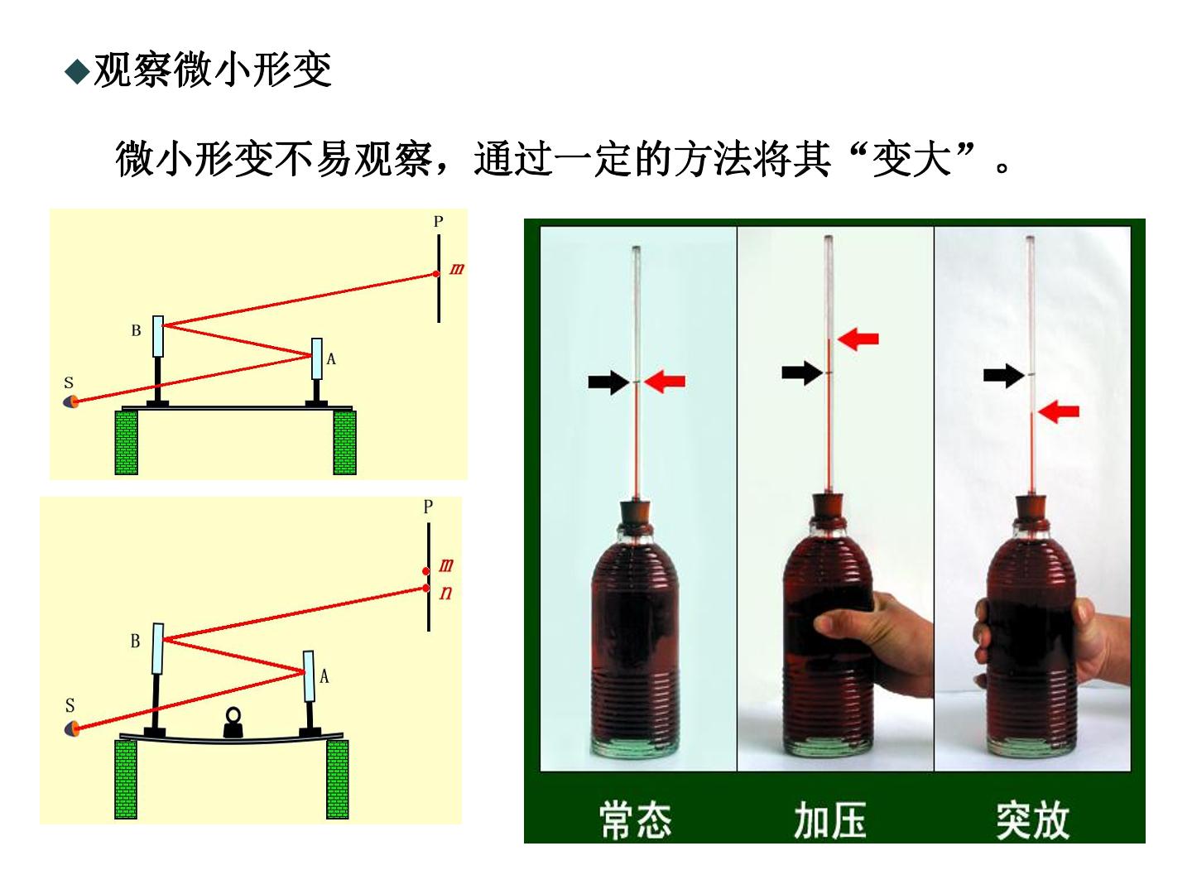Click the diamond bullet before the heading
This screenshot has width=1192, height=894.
(x=77, y=72)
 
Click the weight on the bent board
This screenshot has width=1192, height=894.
(x=233, y=723)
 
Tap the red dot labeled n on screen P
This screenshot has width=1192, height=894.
(x=426, y=589)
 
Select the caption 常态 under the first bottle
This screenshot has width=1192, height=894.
(x=636, y=821)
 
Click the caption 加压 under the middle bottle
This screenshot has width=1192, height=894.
(x=830, y=821)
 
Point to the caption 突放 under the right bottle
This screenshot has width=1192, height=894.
(x=1033, y=821)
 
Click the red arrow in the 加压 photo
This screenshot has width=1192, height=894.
(x=858, y=339)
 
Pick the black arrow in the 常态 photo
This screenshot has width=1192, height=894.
(x=608, y=382)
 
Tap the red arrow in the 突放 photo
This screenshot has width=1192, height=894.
(x=1059, y=411)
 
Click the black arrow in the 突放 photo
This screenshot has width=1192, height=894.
(x=1003, y=375)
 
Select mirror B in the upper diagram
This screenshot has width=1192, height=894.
(x=158, y=336)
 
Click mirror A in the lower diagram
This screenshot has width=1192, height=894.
(x=309, y=675)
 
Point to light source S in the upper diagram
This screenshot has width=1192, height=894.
(x=71, y=401)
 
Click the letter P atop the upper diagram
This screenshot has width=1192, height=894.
(x=438, y=222)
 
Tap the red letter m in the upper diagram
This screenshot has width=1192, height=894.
(x=457, y=269)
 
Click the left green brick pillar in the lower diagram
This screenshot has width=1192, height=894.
(x=126, y=779)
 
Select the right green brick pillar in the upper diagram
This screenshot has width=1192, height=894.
(x=345, y=442)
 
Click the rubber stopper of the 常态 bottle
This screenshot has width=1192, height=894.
(x=636, y=513)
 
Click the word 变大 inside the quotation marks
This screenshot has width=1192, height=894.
(x=911, y=159)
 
